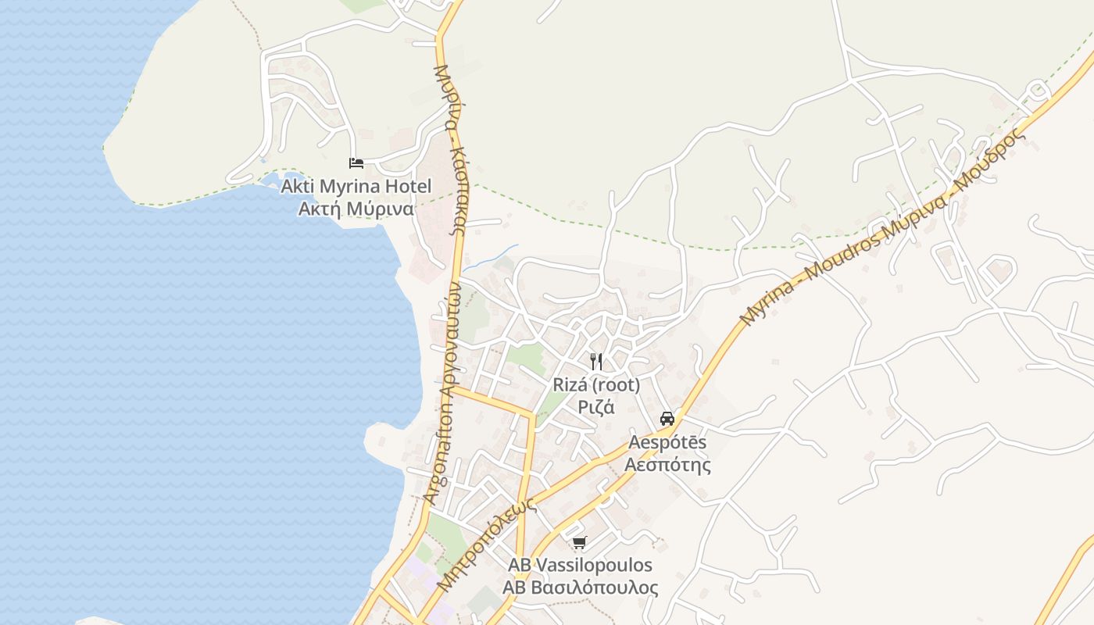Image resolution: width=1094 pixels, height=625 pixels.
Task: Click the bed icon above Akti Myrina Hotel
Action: (356, 163)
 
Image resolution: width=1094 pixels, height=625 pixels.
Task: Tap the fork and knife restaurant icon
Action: (596, 361)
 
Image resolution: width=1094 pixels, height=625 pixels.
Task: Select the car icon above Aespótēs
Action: (667, 418)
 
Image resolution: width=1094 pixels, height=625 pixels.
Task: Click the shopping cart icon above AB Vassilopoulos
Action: (579, 542)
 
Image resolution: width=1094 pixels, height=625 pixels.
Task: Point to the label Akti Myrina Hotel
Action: (356, 187)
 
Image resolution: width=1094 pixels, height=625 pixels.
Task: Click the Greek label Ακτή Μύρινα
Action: (356, 209)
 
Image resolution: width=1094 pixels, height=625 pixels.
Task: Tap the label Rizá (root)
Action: (596, 385)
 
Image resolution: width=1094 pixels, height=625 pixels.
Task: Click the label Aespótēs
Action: (667, 443)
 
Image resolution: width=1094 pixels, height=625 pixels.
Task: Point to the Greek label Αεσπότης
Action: (667, 465)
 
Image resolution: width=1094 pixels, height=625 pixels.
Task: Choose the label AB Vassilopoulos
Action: (580, 565)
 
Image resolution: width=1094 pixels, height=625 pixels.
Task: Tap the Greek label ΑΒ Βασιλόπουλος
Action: (580, 587)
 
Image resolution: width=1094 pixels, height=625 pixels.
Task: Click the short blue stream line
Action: (491, 258)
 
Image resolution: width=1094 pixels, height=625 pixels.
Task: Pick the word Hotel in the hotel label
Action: (406, 187)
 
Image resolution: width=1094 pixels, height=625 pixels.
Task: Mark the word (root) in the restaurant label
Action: (617, 385)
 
